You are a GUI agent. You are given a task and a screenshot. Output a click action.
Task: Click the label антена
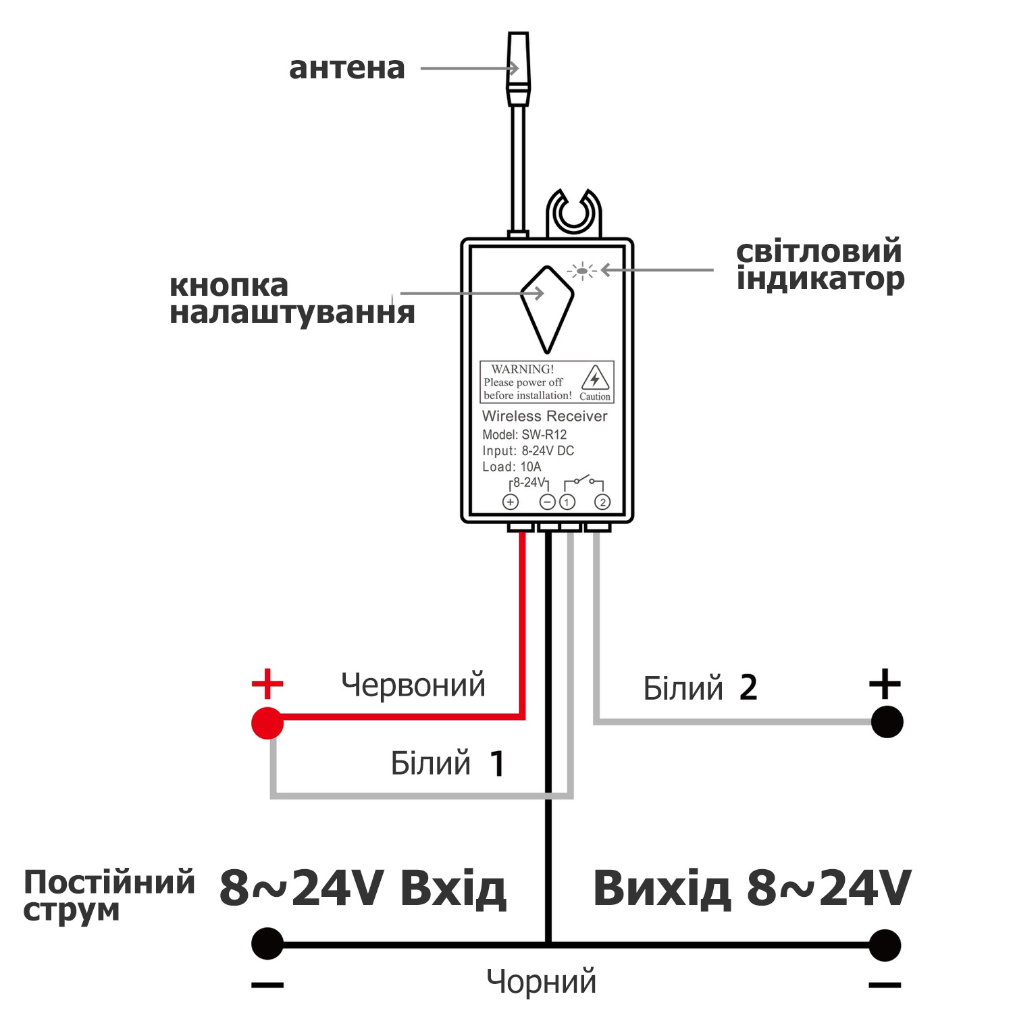click(x=346, y=68)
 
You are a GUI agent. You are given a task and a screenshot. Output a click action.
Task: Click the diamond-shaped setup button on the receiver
click(x=546, y=308)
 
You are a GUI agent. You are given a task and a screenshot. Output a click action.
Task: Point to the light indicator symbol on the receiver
click(x=581, y=271)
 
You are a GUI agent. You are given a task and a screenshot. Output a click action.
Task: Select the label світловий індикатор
click(x=819, y=265)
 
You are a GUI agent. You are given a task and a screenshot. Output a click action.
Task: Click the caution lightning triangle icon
click(x=595, y=378)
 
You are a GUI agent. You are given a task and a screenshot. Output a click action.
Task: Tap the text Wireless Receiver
click(x=544, y=416)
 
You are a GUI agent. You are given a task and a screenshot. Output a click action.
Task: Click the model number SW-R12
click(x=544, y=434)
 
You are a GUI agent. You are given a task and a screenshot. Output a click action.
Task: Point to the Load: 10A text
click(x=511, y=467)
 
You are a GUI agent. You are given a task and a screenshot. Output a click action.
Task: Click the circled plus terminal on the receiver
click(x=511, y=502)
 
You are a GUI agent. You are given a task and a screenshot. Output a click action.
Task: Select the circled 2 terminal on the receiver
click(x=602, y=502)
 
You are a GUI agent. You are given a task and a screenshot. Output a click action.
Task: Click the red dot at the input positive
click(x=267, y=723)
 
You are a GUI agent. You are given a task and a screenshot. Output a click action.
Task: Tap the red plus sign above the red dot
click(x=267, y=684)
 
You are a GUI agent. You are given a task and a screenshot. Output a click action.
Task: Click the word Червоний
click(x=413, y=685)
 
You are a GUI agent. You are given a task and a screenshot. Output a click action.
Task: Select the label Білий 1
click(x=447, y=763)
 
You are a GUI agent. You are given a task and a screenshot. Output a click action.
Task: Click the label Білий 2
click(x=700, y=688)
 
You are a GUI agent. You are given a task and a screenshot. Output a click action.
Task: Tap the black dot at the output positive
click(x=887, y=722)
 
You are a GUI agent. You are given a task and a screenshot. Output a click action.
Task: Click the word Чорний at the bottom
click(x=542, y=981)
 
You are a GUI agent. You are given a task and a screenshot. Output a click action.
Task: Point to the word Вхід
click(x=452, y=888)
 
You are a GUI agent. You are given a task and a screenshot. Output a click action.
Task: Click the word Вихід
click(x=662, y=888)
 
